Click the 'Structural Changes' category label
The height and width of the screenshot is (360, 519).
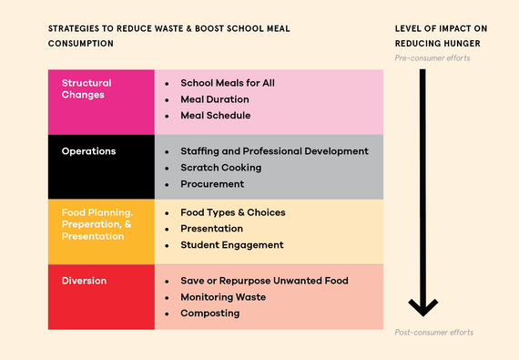83,88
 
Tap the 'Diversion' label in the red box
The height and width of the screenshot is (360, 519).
85,280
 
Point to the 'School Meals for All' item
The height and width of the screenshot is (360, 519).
228,82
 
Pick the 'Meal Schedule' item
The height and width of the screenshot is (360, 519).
216,115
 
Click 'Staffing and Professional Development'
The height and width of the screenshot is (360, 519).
274,150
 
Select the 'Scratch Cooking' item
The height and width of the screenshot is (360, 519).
221,167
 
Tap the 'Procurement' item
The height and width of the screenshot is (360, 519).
212,183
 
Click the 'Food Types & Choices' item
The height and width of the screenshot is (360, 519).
233,212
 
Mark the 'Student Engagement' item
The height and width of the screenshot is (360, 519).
232,244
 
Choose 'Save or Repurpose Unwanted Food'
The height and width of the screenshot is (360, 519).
264,280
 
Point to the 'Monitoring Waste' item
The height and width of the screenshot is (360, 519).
223,296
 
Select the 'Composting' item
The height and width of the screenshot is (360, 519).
210,313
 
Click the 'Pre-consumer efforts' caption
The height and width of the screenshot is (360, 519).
432,58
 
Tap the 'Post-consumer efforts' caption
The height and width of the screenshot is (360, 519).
433,332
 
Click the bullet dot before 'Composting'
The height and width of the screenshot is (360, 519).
167,314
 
